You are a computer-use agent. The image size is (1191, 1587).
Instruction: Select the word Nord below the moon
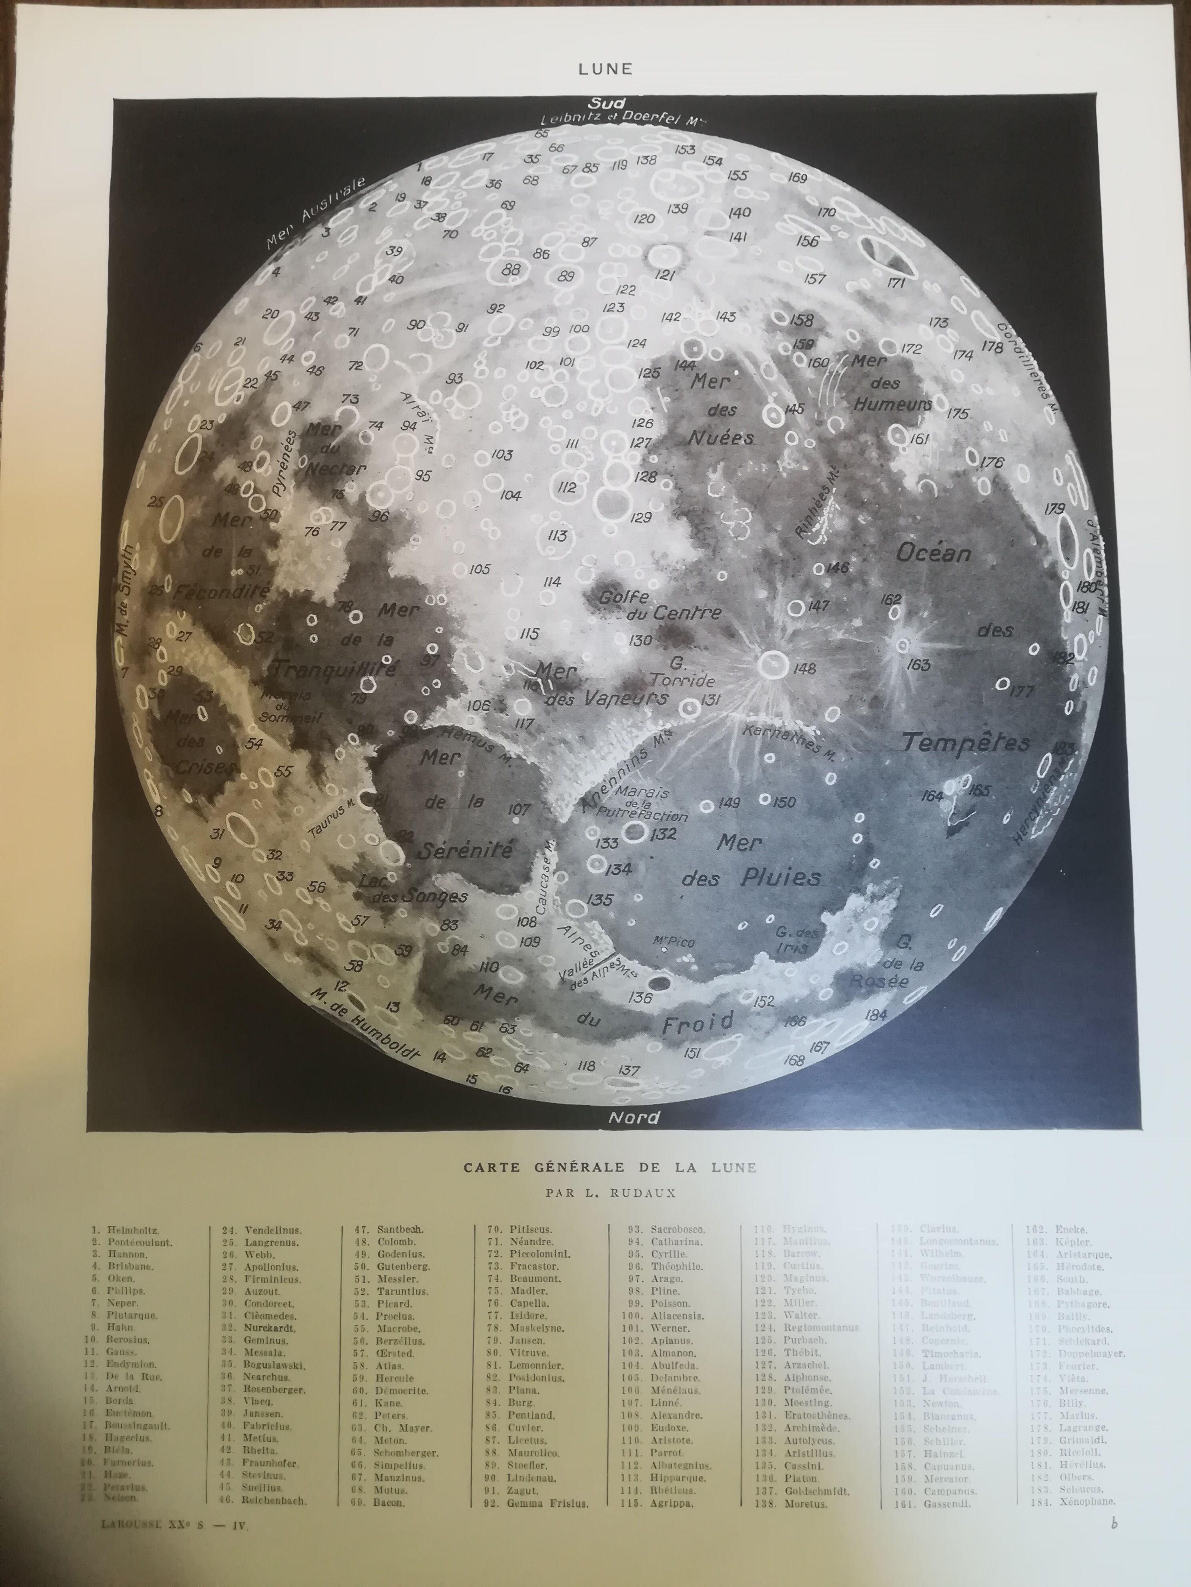[x=634, y=1117]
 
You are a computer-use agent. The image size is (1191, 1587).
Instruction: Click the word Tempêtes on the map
[x=966, y=742]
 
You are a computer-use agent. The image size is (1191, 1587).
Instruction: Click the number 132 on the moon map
[x=664, y=834]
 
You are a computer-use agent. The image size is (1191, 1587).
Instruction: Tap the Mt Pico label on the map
[x=674, y=942]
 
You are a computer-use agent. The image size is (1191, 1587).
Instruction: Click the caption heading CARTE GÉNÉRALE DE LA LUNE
[x=610, y=1167]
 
